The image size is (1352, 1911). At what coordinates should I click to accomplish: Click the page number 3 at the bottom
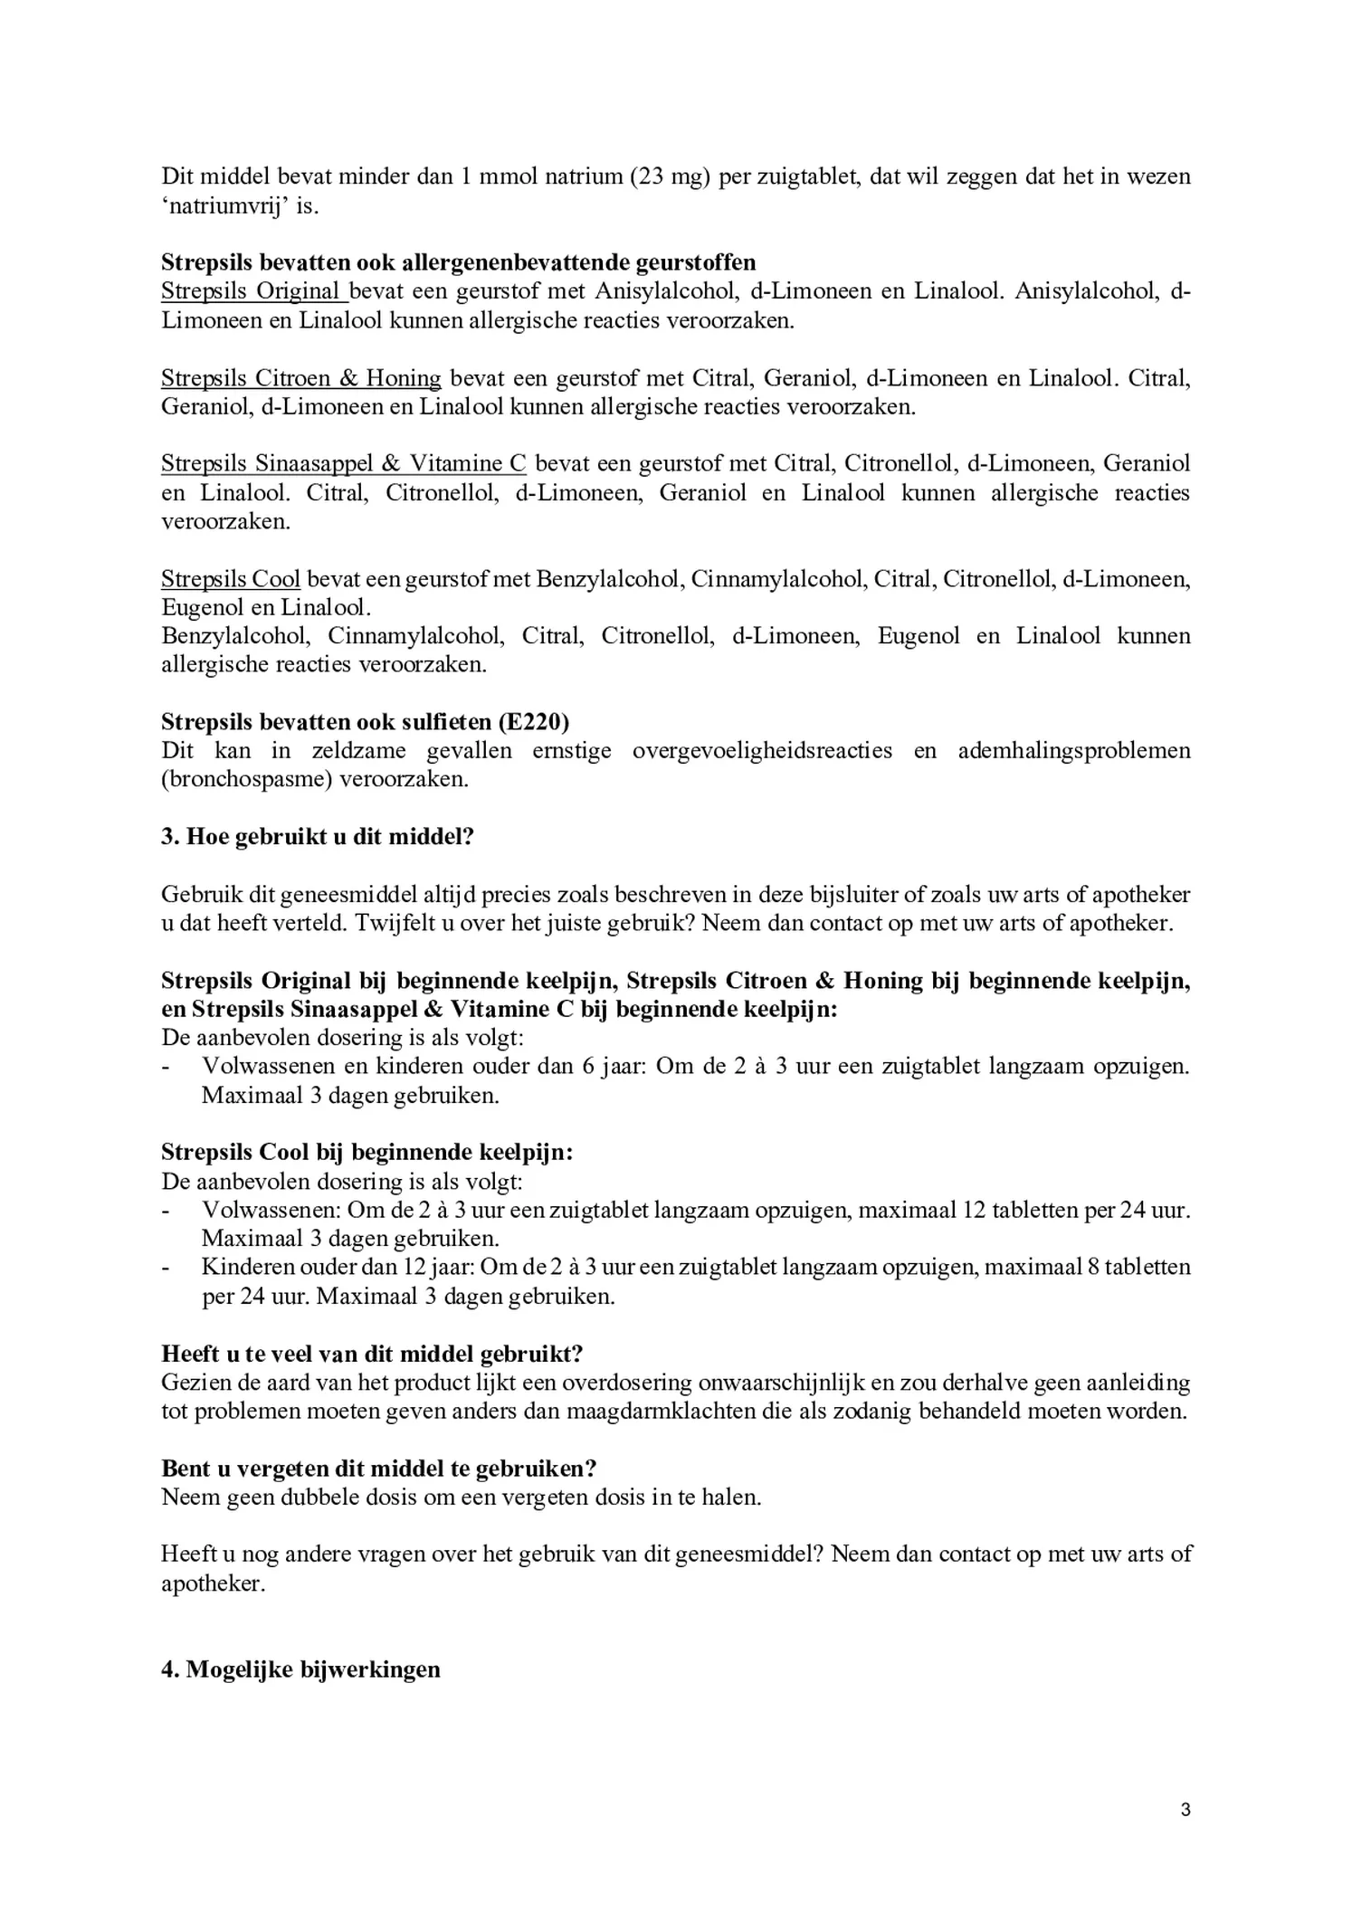[x=1185, y=1810]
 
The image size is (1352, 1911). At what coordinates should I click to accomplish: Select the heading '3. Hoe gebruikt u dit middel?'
[x=318, y=836]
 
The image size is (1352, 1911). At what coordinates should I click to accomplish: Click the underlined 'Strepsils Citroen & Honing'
[x=300, y=377]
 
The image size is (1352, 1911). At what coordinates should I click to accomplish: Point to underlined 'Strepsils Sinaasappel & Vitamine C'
[x=343, y=463]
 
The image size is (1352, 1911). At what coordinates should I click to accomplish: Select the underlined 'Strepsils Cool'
[x=230, y=579]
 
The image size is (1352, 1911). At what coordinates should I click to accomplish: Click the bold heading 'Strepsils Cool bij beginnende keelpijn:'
[x=367, y=1152]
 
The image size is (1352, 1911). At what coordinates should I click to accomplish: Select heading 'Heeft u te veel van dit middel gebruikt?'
[x=371, y=1354]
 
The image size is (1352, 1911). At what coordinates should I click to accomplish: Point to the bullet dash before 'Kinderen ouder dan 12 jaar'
[x=166, y=1268]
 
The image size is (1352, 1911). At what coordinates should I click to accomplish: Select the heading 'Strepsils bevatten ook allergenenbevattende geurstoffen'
[x=458, y=262]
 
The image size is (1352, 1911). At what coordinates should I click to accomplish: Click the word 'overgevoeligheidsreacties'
[x=762, y=750]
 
